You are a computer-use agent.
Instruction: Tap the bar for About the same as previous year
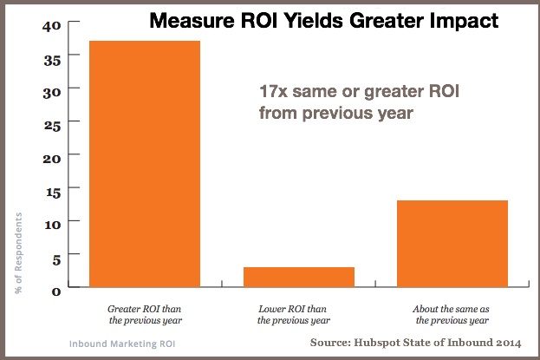[x=452, y=243]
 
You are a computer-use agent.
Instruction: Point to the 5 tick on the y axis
[x=56, y=257]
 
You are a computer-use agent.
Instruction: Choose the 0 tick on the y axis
[x=56, y=290]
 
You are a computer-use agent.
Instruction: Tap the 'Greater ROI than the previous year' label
[x=144, y=313]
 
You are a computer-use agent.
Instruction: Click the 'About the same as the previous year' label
[x=452, y=313]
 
